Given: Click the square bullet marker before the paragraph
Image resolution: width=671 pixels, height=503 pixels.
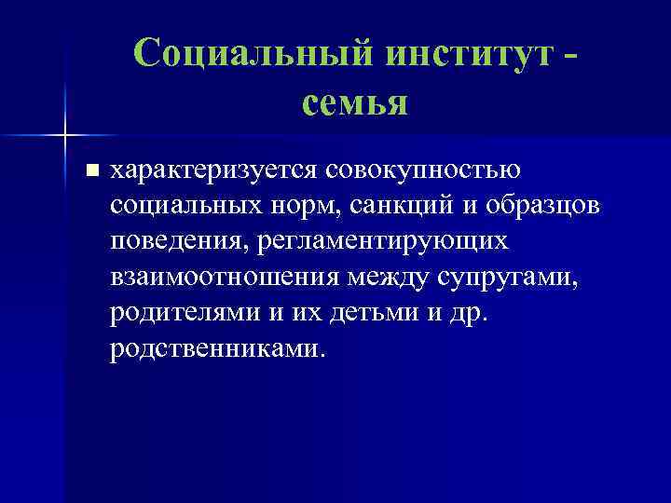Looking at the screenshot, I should [90, 171].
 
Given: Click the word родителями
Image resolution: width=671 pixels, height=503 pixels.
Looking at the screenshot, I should [185, 311].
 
